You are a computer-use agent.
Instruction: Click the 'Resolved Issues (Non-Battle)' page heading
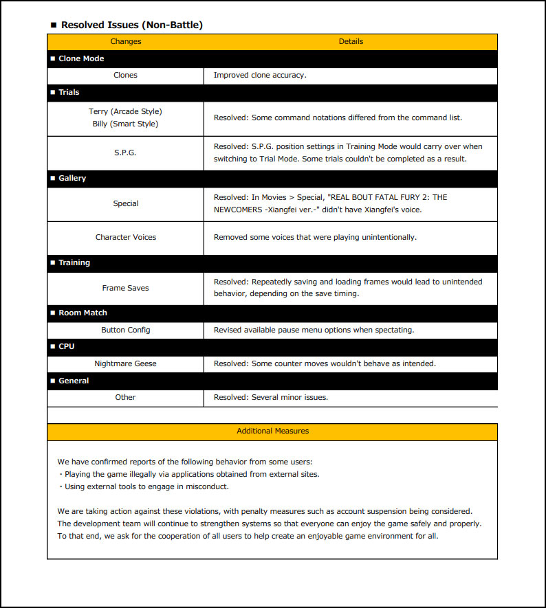(131, 25)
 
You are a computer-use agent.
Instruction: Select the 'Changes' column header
(126, 41)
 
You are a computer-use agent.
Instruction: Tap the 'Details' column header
(351, 41)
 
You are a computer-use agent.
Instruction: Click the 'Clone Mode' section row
(81, 58)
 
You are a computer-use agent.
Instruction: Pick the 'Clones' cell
(125, 75)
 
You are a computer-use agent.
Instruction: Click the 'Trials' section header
(69, 92)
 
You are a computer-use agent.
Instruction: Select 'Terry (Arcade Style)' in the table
(125, 111)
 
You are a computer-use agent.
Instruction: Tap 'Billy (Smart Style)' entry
(125, 124)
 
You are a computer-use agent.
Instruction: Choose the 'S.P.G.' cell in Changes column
(125, 153)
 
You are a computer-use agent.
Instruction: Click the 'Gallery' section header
(72, 178)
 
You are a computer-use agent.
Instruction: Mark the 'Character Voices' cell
(126, 237)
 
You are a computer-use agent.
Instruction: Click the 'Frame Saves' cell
(125, 288)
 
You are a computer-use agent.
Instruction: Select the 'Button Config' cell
(125, 330)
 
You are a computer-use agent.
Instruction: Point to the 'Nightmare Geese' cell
(125, 363)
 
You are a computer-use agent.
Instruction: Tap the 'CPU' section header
(66, 346)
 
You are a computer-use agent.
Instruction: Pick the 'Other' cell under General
(125, 397)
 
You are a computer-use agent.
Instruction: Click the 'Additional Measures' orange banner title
(272, 431)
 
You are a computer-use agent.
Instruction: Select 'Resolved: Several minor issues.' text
(271, 397)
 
